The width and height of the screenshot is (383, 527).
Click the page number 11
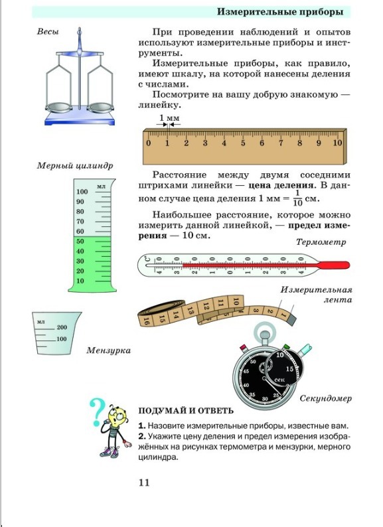144,483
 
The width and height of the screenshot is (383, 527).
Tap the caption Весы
48,32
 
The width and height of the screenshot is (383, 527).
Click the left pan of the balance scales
59,108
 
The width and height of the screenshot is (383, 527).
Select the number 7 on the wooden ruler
281,143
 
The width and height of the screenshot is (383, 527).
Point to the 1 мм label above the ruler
169,118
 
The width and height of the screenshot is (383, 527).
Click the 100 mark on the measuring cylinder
82,192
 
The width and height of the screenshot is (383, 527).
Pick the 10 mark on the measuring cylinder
80,281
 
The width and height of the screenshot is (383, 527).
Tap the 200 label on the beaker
62,327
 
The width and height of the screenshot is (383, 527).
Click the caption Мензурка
108,350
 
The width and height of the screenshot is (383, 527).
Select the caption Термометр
321,242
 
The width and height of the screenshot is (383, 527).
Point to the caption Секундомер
325,399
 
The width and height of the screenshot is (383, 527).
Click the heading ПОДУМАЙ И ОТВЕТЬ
186,411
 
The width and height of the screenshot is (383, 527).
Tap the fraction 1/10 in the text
297,198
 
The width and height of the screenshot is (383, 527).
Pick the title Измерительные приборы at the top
280,12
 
